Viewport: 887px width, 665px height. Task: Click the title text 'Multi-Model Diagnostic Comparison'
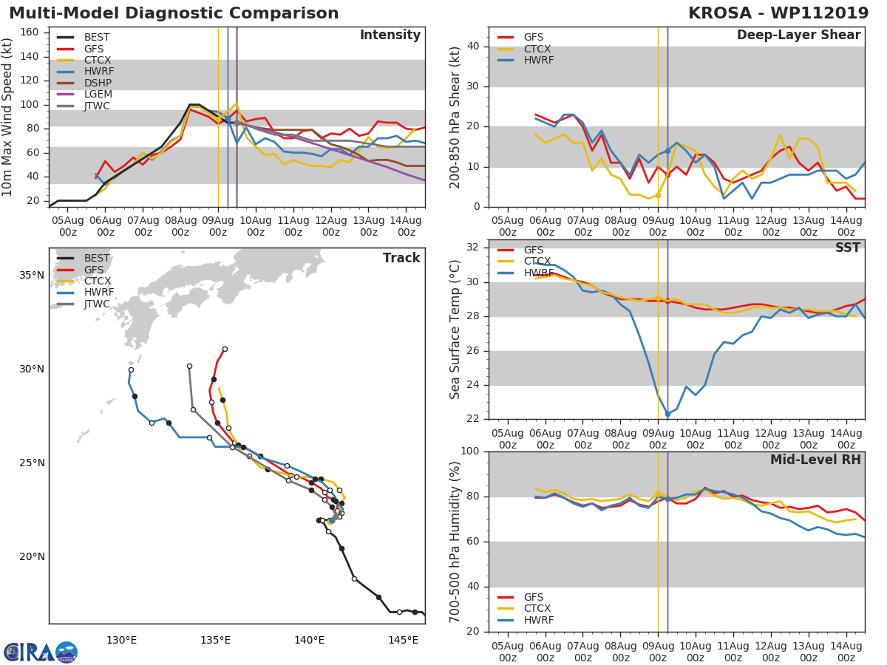(x=174, y=13)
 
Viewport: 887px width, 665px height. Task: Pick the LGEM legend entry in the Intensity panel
(x=98, y=95)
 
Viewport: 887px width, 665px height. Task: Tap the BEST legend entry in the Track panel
(x=97, y=258)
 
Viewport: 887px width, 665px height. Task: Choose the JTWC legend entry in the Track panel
(x=97, y=304)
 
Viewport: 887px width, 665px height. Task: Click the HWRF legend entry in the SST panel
(x=538, y=273)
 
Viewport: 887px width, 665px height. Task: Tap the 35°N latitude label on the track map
(x=32, y=276)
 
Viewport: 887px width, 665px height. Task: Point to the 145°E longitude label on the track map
(x=403, y=640)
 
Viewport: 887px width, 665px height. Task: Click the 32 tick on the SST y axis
(x=473, y=248)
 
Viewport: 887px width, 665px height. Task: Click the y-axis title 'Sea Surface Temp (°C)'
(x=455, y=330)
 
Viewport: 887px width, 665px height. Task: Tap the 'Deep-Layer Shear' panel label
(x=798, y=35)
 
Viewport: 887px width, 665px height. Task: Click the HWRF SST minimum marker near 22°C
(x=667, y=415)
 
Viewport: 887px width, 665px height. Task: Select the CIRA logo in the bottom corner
(x=40, y=652)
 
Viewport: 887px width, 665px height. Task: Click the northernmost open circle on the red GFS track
(x=225, y=349)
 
